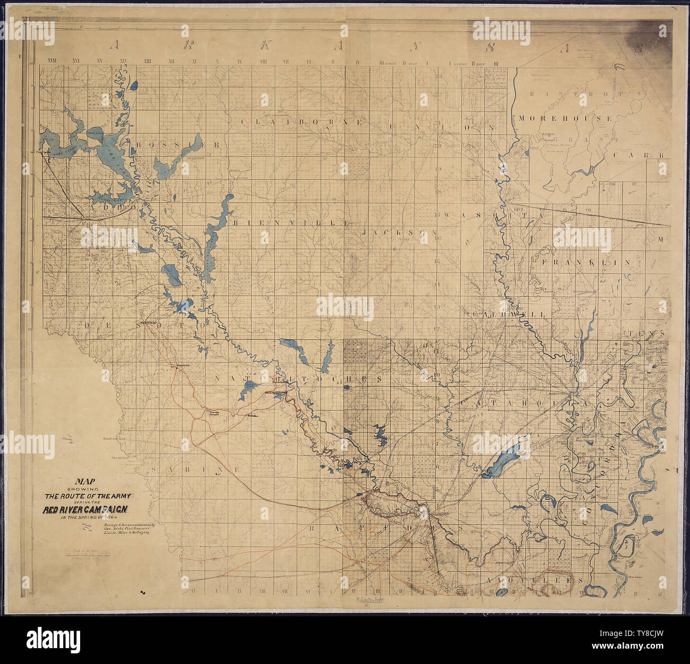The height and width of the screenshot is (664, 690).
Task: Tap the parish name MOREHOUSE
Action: [566, 118]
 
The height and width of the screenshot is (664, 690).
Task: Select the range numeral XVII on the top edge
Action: [51, 62]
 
